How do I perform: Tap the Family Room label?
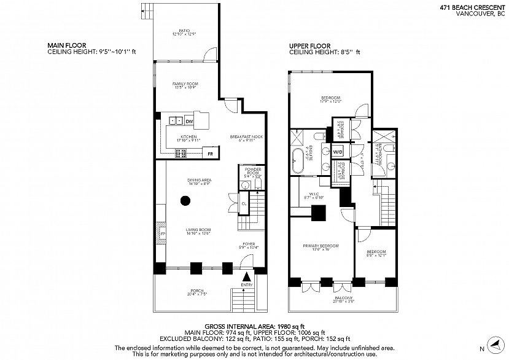185,85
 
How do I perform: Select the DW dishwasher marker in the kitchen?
189,122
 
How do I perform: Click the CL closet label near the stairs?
243,203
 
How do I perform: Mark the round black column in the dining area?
185,200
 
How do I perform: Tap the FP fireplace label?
163,234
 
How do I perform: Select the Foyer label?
249,245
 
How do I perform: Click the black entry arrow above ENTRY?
247,277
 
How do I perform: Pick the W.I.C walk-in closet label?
313,196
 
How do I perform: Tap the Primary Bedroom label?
321,246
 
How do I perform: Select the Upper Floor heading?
309,46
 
